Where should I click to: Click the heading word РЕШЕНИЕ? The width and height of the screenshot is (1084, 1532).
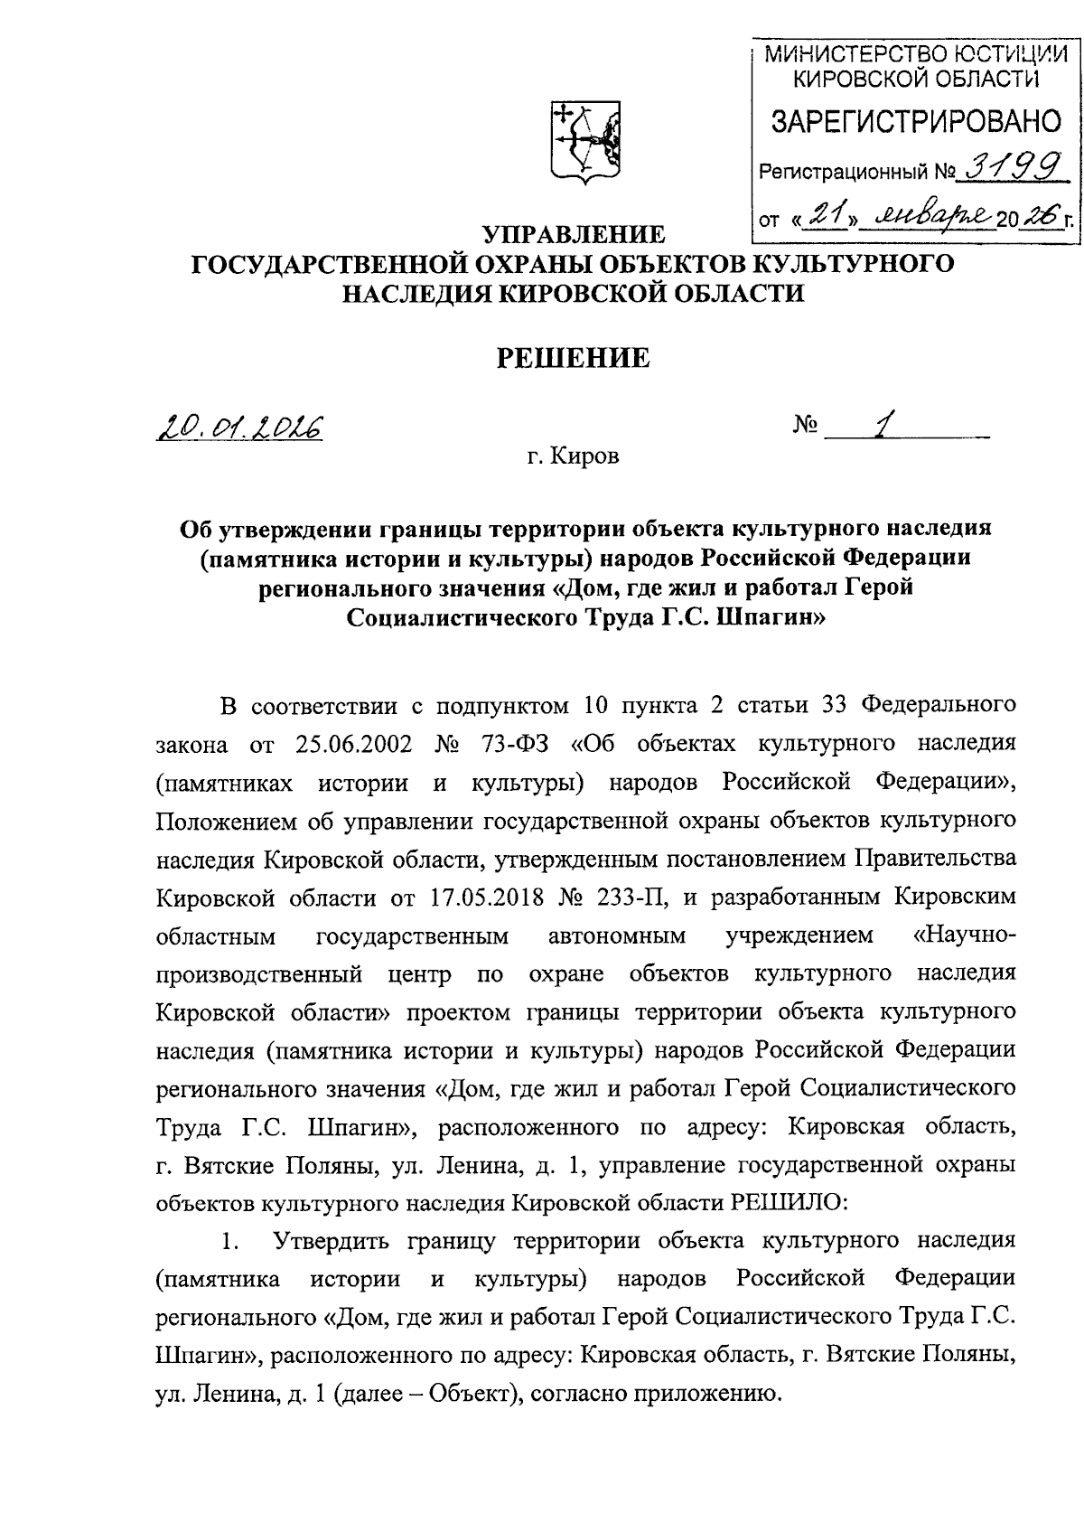[574, 358]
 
